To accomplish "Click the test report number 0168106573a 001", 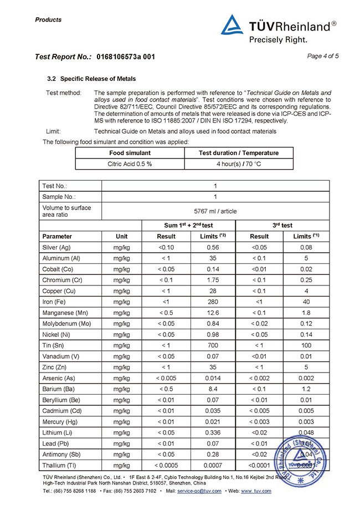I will [126, 57].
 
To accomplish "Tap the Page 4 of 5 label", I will [322, 56].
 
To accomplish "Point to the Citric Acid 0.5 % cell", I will [130, 164].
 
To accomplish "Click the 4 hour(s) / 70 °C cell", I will [239, 164].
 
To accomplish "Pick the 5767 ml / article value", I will [215, 211].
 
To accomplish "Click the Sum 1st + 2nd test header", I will [189, 226].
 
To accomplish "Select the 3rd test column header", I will [283, 226].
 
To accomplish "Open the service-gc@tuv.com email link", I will [199, 491].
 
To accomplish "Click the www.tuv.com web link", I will [256, 491].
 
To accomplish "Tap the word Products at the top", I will [48, 20].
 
